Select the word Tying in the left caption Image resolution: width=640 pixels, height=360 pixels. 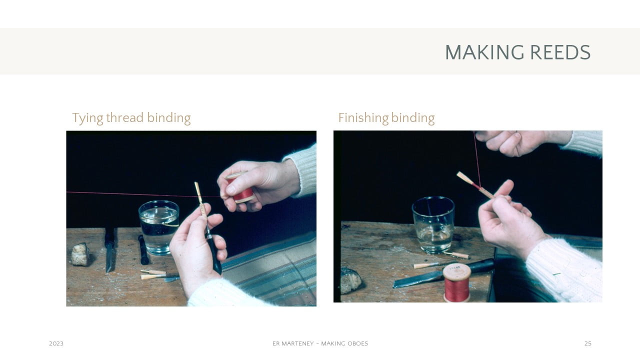point(87,118)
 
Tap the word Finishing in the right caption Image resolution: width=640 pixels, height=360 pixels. point(363,118)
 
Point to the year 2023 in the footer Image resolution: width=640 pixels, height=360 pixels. point(56,343)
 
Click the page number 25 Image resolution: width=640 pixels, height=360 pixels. point(587,343)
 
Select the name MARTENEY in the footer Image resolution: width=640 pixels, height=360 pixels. point(297,343)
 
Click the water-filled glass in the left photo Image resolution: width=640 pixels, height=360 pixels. point(159,227)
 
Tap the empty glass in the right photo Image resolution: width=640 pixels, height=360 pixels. point(433,224)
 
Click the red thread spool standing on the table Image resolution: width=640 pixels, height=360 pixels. point(457,282)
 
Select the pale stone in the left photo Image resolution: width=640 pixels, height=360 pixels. point(80,254)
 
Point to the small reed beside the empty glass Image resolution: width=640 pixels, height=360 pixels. point(457,255)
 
